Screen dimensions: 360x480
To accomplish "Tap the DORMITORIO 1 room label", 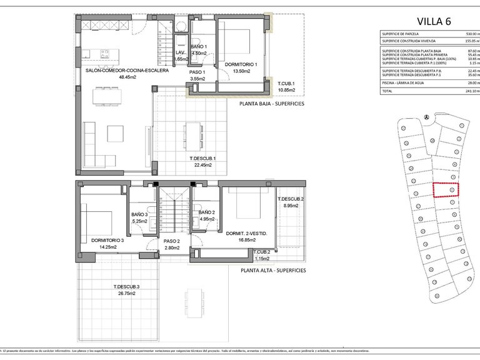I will pyautogui.click(x=233, y=63).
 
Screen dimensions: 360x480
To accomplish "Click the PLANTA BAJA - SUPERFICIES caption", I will pyautogui.click(x=272, y=103).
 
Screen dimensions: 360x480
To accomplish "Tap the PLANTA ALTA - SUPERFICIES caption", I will pyautogui.click(x=273, y=270).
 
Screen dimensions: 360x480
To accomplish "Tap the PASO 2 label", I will pyautogui.click(x=172, y=241).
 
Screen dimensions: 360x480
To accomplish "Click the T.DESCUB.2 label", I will pyautogui.click(x=291, y=199).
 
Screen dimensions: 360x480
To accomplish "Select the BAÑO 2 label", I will pyautogui.click(x=207, y=212).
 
